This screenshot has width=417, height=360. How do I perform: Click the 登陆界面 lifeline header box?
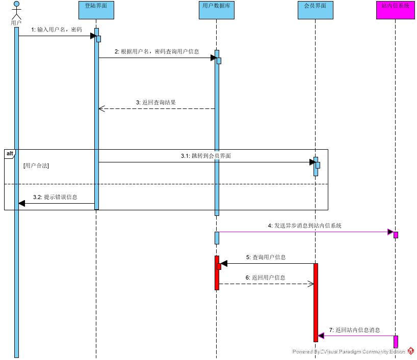96,10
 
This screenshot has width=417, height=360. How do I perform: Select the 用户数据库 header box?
217,10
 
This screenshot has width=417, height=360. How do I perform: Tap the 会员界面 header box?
315,10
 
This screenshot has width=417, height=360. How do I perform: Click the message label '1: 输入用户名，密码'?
56,30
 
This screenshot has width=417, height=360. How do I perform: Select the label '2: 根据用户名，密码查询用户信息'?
157,51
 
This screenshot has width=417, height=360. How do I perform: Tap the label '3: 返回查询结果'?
156,102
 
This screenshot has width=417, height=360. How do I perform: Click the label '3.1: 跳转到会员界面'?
206,156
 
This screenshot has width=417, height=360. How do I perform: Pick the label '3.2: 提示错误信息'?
55,197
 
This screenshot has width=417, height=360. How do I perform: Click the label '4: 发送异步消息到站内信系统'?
305,226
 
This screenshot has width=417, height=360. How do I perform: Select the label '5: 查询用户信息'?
266,257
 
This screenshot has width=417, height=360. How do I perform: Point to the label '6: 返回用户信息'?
265,278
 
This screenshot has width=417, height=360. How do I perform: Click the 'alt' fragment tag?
10,153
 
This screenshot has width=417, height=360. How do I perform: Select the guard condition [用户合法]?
36,166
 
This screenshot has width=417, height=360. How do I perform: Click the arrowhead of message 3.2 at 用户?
22,204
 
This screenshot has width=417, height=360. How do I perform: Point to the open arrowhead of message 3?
101,108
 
